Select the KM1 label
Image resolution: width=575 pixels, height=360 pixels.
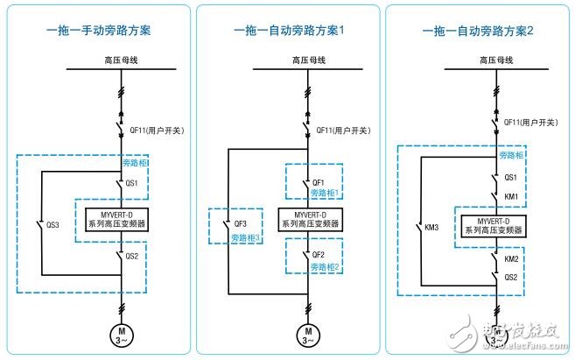click(512, 195)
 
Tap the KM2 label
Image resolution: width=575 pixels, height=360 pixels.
click(512, 260)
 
